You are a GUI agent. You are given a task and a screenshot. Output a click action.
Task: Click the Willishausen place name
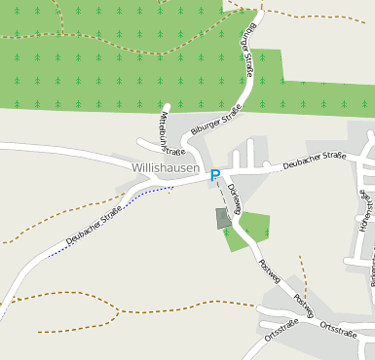(x=165, y=168)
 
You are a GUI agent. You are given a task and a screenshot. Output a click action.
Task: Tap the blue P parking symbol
(x=215, y=175)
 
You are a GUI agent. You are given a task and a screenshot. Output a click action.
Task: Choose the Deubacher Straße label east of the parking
(x=315, y=162)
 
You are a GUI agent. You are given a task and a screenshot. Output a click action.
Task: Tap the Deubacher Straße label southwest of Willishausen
(x=94, y=225)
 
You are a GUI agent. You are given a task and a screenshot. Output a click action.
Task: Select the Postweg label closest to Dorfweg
(x=269, y=270)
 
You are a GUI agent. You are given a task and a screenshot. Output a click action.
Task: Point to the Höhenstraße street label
(x=366, y=210)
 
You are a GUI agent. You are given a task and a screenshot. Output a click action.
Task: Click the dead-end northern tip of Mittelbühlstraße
(x=167, y=106)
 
